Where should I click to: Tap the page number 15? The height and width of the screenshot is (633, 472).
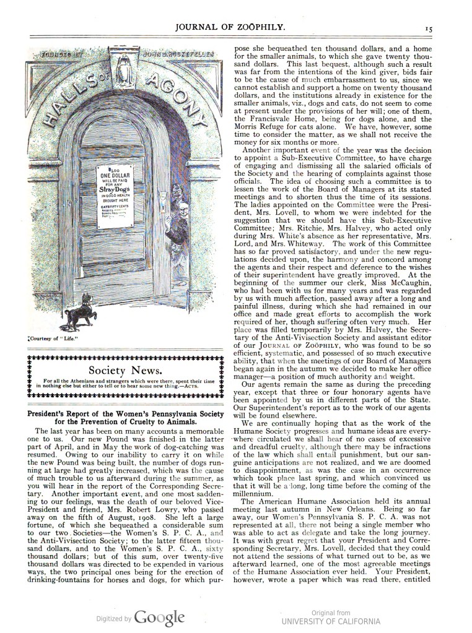coord(429,28)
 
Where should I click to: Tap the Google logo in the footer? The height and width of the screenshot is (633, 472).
coord(160,617)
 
